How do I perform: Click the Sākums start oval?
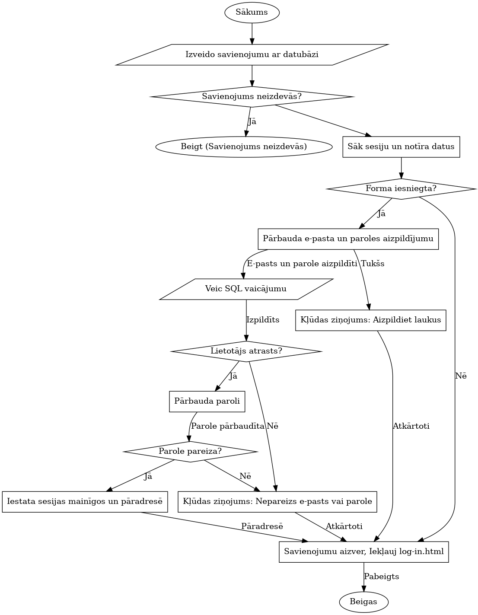click(x=252, y=12)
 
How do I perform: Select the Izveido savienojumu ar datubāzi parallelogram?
click(x=252, y=54)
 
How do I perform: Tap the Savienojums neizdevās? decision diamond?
click(x=252, y=96)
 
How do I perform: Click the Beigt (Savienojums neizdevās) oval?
click(x=244, y=147)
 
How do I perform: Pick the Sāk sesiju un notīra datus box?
click(x=401, y=147)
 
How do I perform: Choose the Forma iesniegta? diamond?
click(x=401, y=188)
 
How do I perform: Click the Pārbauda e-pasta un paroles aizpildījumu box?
click(x=348, y=239)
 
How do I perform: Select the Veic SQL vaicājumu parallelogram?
click(x=246, y=289)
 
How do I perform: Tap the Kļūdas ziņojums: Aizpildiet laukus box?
click(x=370, y=320)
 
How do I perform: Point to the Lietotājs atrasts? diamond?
click(x=246, y=351)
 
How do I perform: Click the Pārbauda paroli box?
click(x=207, y=402)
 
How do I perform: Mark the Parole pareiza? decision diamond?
click(x=190, y=452)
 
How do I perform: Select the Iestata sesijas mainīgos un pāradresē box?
click(x=85, y=502)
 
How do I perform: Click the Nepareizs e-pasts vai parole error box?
click(x=277, y=502)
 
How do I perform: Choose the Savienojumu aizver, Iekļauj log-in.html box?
click(x=363, y=552)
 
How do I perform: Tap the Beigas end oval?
click(x=363, y=602)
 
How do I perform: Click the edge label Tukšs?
click(x=373, y=264)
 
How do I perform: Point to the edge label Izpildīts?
click(x=263, y=320)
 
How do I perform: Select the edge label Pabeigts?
click(x=381, y=577)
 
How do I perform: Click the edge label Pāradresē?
click(x=262, y=526)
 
